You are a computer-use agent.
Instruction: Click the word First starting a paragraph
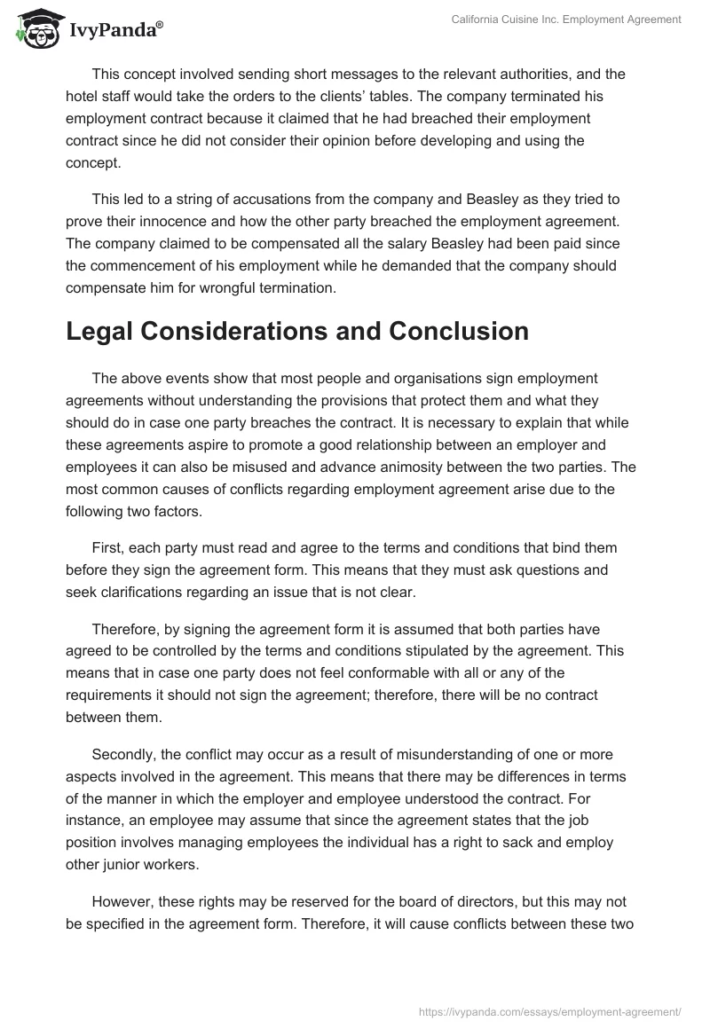click(x=107, y=547)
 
